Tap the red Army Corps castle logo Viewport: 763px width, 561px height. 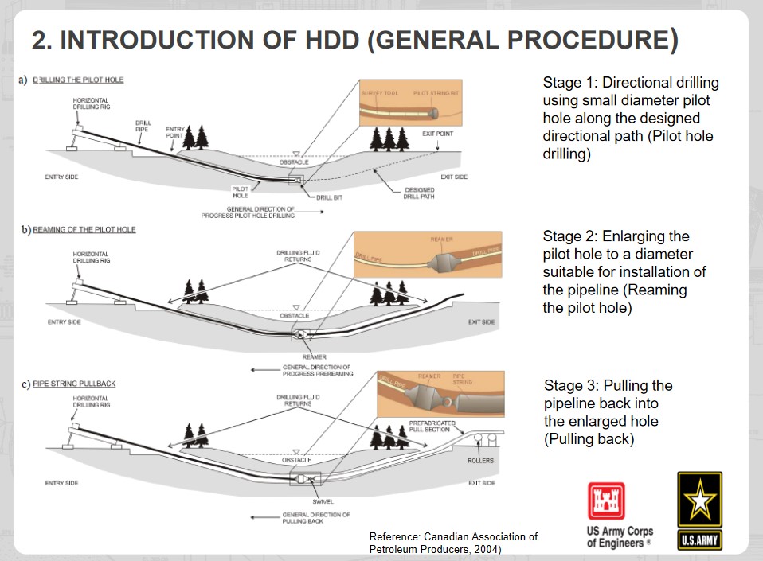click(607, 501)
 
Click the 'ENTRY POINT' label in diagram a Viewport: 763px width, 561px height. click(174, 131)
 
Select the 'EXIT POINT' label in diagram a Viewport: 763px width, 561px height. click(437, 134)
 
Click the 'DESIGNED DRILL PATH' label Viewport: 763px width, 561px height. click(419, 193)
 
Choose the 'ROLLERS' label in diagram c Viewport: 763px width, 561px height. click(480, 461)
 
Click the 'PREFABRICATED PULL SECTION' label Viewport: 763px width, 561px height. click(432, 426)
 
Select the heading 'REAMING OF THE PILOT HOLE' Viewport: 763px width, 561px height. click(84, 230)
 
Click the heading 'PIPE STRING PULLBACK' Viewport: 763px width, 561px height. click(73, 384)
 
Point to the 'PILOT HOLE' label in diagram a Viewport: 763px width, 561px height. click(241, 192)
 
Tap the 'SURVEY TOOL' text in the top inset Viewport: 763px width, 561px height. click(380, 93)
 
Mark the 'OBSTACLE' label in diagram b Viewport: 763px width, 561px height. click(295, 316)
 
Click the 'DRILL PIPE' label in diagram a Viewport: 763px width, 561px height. click(143, 126)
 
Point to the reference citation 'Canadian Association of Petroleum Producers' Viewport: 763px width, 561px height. click(453, 543)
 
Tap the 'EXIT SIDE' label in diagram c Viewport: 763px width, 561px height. click(481, 483)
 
